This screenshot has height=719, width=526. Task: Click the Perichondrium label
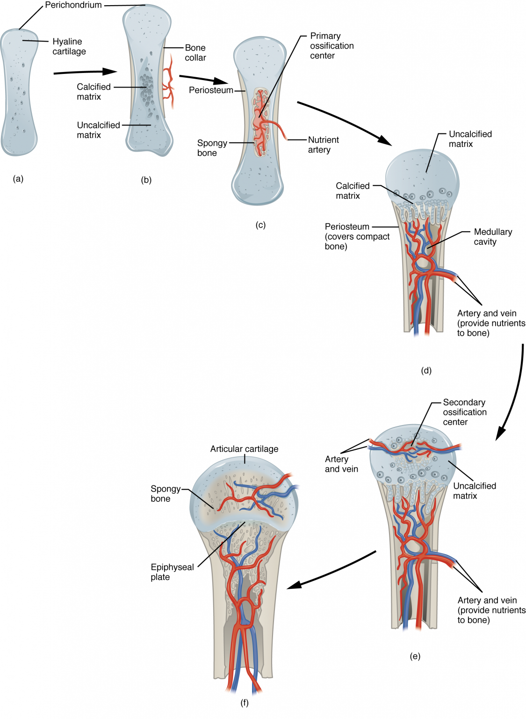tap(73, 5)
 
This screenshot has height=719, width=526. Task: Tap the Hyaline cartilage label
tap(69, 46)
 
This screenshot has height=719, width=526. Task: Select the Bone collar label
tap(195, 52)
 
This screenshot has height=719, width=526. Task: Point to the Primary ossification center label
tap(331, 46)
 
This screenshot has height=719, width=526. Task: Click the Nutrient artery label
tap(323, 145)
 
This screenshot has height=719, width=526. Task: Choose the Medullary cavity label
tap(492, 237)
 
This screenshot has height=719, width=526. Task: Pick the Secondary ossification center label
tap(464, 412)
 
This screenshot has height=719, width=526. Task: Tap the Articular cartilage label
tap(244, 449)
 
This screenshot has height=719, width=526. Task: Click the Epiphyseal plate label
tap(172, 572)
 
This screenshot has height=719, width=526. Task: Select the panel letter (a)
tap(18, 178)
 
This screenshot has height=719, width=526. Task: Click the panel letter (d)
tap(426, 371)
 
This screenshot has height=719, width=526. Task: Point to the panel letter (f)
tap(244, 703)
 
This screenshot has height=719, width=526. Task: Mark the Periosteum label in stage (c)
tap(211, 90)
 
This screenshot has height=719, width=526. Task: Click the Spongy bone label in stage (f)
tap(165, 493)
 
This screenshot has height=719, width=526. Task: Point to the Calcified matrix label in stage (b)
tap(94, 92)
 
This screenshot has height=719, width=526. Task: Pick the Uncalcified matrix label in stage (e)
tap(474, 491)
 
